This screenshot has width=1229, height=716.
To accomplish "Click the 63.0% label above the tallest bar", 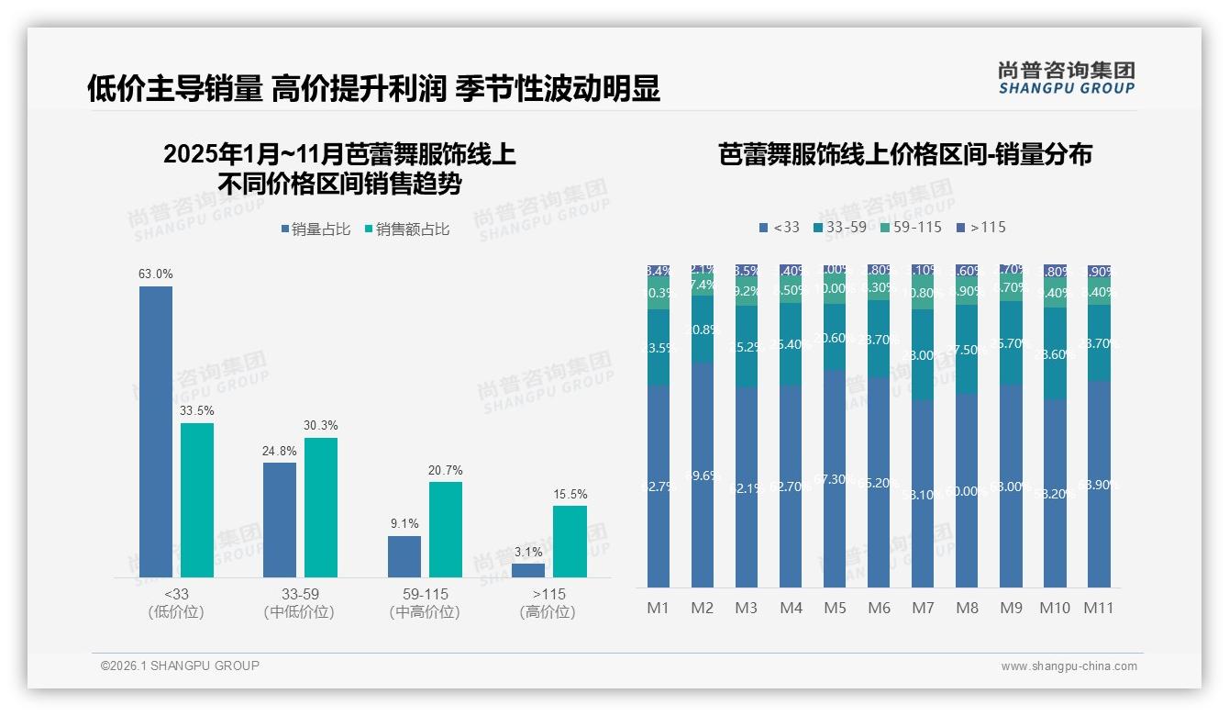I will pos(155,274).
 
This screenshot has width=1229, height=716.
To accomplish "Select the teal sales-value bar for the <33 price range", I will pos(197,499).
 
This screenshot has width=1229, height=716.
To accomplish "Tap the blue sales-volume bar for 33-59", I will pos(280,520).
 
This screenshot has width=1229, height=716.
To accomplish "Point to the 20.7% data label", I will pos(445,470).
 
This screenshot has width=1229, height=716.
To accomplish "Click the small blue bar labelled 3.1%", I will pos(528,570).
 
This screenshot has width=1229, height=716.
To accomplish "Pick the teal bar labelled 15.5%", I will pos(570,541).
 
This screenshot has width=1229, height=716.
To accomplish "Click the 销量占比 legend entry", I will pos(316,229).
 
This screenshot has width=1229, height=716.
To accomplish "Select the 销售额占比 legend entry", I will pos(406,229).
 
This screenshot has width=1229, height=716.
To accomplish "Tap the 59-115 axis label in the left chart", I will pos(425,594).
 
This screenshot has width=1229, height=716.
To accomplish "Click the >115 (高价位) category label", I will pos(548,602).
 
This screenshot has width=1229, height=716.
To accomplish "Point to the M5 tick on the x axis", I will pos(835,608).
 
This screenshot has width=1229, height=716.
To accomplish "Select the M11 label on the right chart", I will pos(1099,608).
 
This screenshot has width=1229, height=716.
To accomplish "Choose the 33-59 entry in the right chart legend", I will pos(840,227).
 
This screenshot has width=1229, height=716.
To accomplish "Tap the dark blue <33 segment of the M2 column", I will pos(703,474).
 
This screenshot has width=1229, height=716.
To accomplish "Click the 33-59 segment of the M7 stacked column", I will pos(923,354).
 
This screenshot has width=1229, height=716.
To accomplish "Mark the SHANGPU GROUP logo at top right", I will pos(1066,77).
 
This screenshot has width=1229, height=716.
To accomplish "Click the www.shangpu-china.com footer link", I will pos(1068,666).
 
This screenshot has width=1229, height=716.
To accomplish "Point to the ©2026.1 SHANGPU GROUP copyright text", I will pos(180,666).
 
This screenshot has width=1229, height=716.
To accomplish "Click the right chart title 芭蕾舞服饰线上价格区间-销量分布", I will pos(905,154).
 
